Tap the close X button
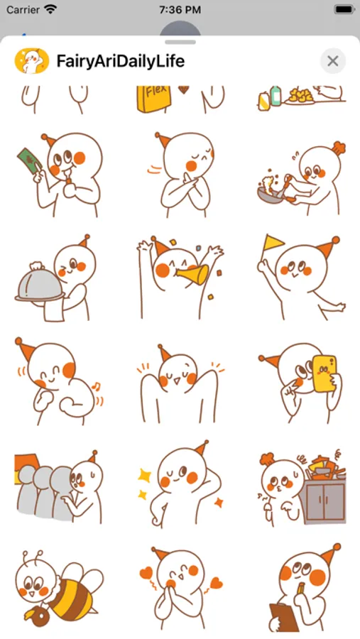pos(333,61)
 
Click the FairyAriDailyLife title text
pos(120,61)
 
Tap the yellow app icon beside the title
pos(32,61)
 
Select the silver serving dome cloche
pos(40,283)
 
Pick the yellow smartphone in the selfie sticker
pos(324,373)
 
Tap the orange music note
pos(97,386)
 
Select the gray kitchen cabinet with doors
pos(325,501)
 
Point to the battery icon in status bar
pos(344,10)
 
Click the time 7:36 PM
pos(180,10)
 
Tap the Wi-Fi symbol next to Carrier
pos(50,9)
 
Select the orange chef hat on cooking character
pos(339,148)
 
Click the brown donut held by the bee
pos(39,616)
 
